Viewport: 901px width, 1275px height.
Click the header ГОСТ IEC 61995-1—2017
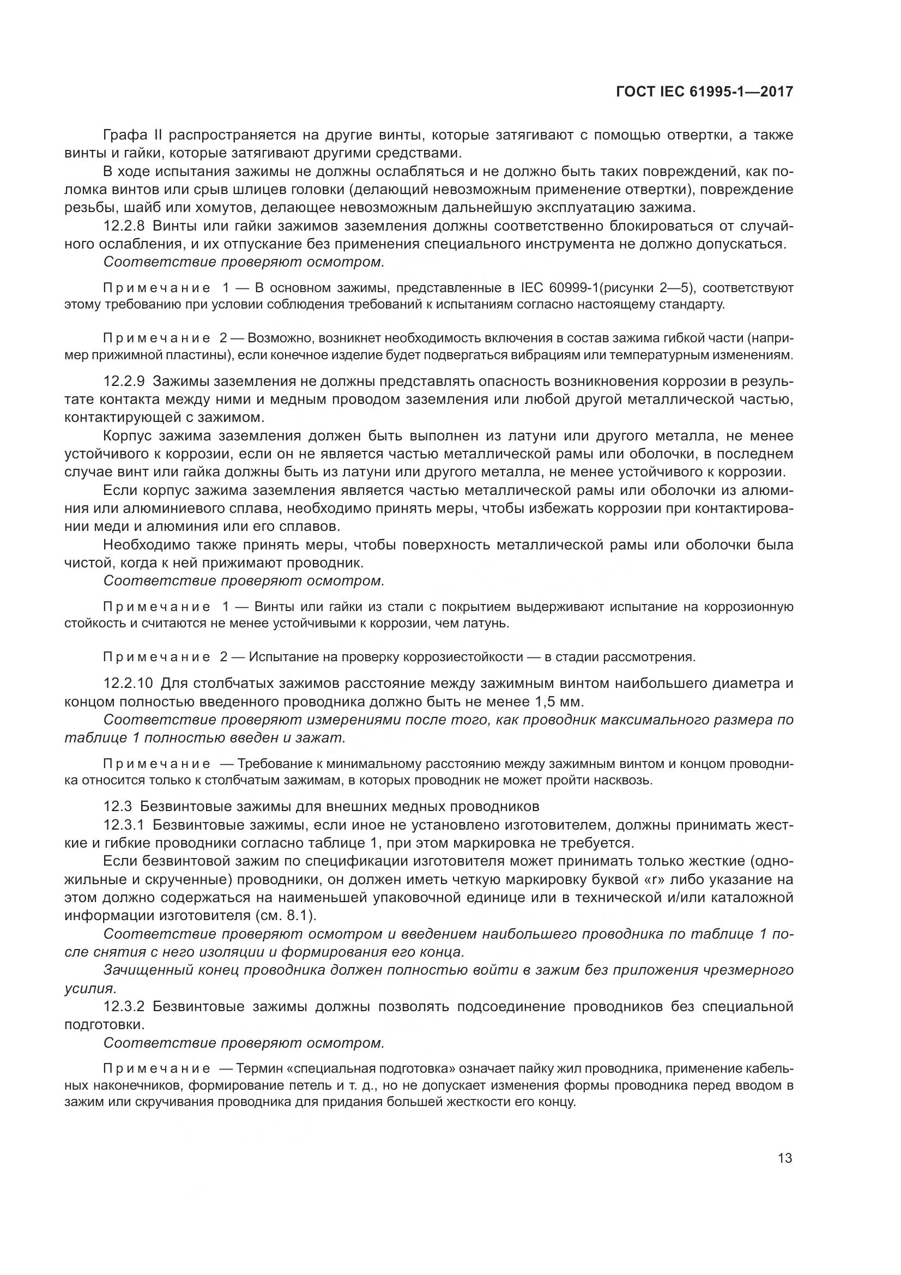[x=704, y=91]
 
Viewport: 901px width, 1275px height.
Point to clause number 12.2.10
[x=128, y=683]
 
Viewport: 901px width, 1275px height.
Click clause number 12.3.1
[x=124, y=825]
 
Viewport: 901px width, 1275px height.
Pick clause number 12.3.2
[x=124, y=1006]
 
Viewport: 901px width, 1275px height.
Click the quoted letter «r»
[x=630, y=879]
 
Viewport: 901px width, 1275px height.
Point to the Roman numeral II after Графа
[x=156, y=135]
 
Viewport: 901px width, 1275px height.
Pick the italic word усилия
[x=89, y=988]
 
